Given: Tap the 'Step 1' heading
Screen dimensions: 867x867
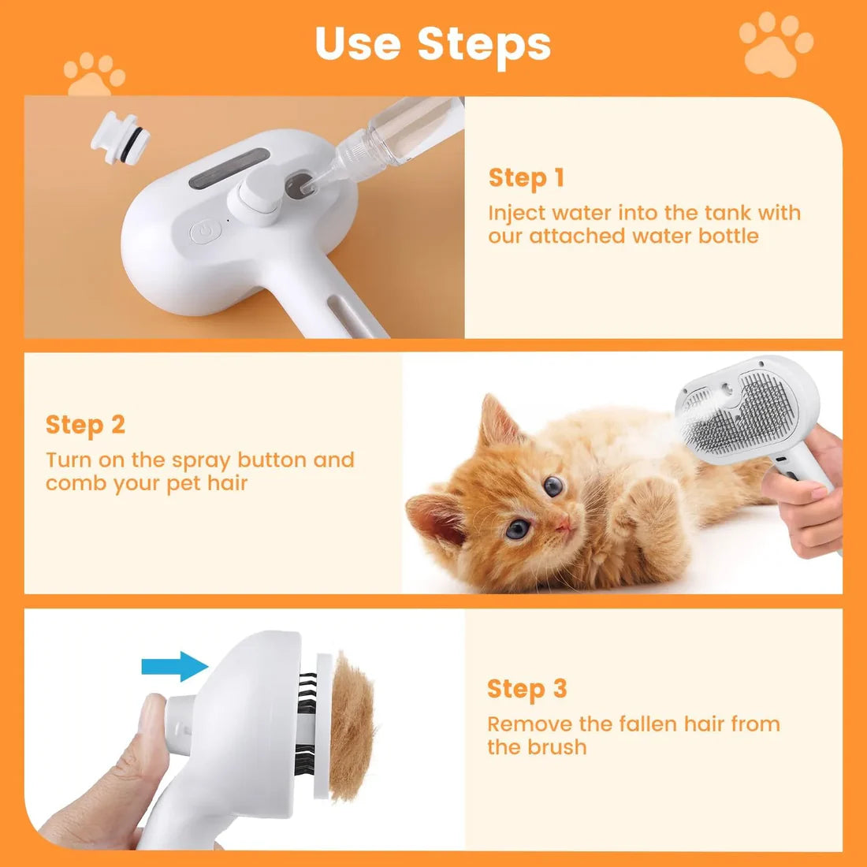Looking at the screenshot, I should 527,178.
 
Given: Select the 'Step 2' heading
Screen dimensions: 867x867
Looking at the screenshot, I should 85,425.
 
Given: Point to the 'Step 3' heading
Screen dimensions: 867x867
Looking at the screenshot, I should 527,689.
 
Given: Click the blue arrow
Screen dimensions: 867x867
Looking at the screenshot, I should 174,666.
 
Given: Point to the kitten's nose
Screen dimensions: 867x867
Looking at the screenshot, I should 563,524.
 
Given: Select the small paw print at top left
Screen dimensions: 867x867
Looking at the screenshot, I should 94,75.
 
